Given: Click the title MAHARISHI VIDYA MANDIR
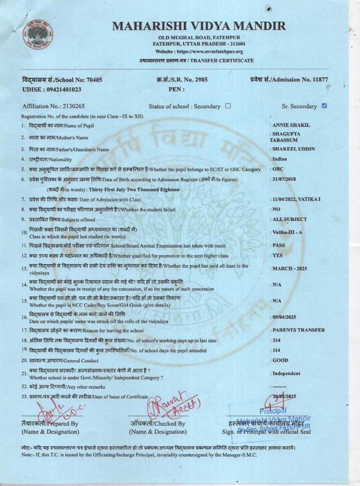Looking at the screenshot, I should tap(199, 26).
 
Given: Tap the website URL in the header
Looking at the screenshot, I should tap(199, 51).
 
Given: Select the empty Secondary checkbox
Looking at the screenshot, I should tap(228, 106).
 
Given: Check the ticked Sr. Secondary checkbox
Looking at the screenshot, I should tap(324, 106).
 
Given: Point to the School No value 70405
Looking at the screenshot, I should tap(95, 80).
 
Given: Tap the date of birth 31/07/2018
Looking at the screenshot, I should tap(284, 179).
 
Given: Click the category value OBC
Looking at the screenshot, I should tap(278, 169).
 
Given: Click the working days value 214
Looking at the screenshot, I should tap(276, 340).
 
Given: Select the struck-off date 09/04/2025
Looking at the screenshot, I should tap(284, 317).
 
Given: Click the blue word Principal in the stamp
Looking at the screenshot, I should tap(273, 411).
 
